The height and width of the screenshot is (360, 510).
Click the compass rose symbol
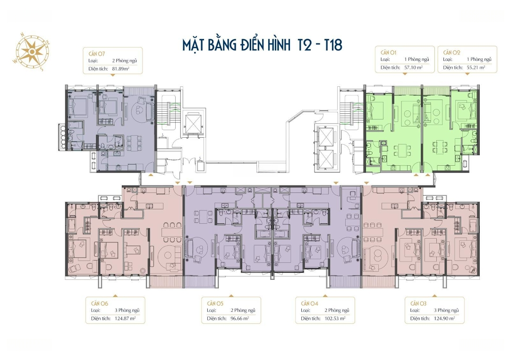(32, 52)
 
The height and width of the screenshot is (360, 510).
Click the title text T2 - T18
(320, 45)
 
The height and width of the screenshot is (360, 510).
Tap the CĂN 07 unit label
(97, 54)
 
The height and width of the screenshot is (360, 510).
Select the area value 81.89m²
(121, 68)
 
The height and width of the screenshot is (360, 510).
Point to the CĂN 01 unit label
(388, 52)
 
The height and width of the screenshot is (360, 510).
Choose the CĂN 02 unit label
(451, 52)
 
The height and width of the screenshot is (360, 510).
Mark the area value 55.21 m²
(476, 67)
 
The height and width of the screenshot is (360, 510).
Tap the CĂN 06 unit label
(100, 303)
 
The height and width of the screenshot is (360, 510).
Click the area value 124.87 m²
(125, 318)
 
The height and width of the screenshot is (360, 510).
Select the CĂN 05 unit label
(215, 303)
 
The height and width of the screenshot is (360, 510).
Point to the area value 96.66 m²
(240, 318)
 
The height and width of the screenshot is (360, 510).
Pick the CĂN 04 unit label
(309, 303)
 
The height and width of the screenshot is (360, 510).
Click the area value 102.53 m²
(335, 318)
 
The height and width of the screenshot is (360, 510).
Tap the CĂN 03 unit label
(418, 303)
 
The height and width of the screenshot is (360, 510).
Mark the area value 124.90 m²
(444, 318)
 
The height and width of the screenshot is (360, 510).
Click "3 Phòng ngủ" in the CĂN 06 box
(127, 310)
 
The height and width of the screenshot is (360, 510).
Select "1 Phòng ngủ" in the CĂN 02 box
(479, 59)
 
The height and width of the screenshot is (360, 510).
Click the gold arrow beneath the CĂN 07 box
(112, 75)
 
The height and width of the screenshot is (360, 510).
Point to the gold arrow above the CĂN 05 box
(231, 296)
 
